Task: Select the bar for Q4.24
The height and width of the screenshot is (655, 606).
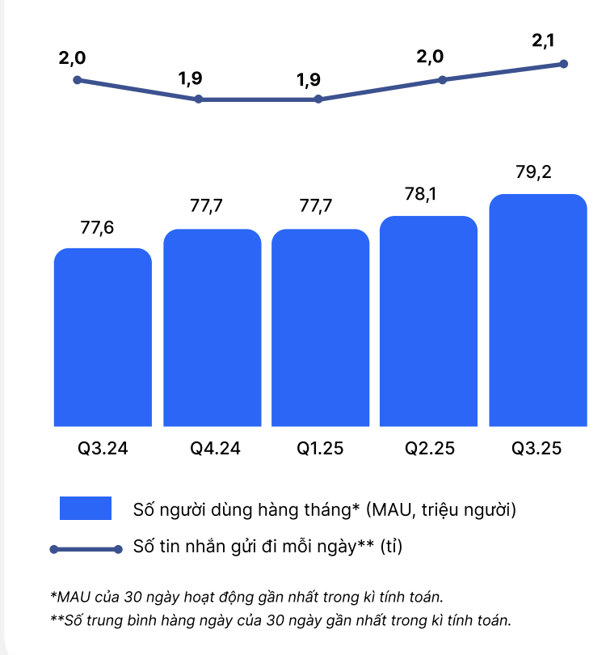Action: [213, 327]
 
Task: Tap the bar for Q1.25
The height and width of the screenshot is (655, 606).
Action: [321, 327]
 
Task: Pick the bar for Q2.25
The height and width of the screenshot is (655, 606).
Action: [428, 321]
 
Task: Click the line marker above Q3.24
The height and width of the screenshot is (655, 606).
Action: [77, 80]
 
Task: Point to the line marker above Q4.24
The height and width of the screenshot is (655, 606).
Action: [198, 99]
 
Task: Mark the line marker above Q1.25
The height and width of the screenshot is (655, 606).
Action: [318, 99]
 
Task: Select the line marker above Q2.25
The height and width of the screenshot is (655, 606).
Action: [442, 79]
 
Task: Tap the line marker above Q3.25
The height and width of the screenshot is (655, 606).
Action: [564, 63]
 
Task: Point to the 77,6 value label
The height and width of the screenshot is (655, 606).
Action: [97, 228]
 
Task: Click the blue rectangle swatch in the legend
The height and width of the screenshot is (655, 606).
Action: [85, 509]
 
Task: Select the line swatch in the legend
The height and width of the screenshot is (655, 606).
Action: [85, 549]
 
